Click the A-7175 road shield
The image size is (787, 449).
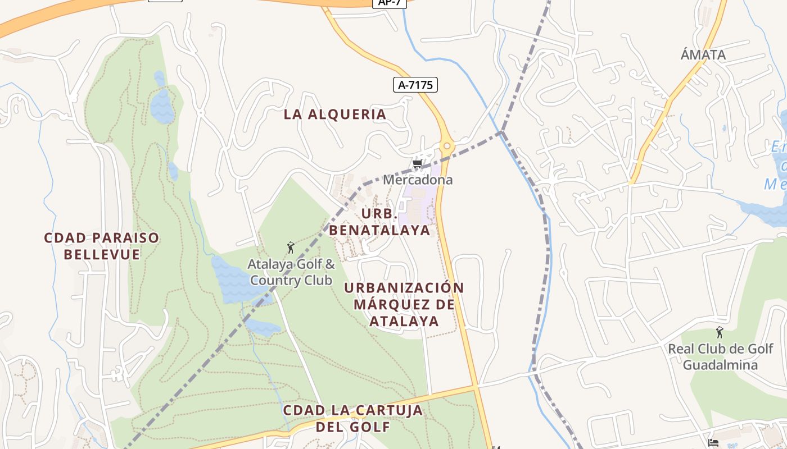pos(415,85)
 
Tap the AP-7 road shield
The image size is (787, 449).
pos(389,3)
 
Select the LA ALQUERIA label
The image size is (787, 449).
pos(335,114)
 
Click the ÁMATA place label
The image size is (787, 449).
pos(703,55)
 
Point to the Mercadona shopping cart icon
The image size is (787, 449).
pos(417,164)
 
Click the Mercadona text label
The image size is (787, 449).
pos(418,180)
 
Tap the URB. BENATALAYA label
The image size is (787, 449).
pos(379,222)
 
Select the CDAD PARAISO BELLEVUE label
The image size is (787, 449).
pos(102,246)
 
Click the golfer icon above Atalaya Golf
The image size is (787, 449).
pos(291,247)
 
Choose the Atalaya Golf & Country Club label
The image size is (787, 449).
pos(292,272)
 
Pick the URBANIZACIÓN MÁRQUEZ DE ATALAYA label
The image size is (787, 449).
pos(404,304)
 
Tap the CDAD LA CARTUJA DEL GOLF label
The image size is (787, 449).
pos(352,418)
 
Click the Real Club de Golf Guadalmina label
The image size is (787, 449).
pos(720,357)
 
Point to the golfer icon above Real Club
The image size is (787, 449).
pos(720,332)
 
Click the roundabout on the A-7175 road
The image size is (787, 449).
pos(447,146)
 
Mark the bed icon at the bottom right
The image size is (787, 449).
pos(713,443)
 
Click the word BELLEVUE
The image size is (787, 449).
pos(102,254)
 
